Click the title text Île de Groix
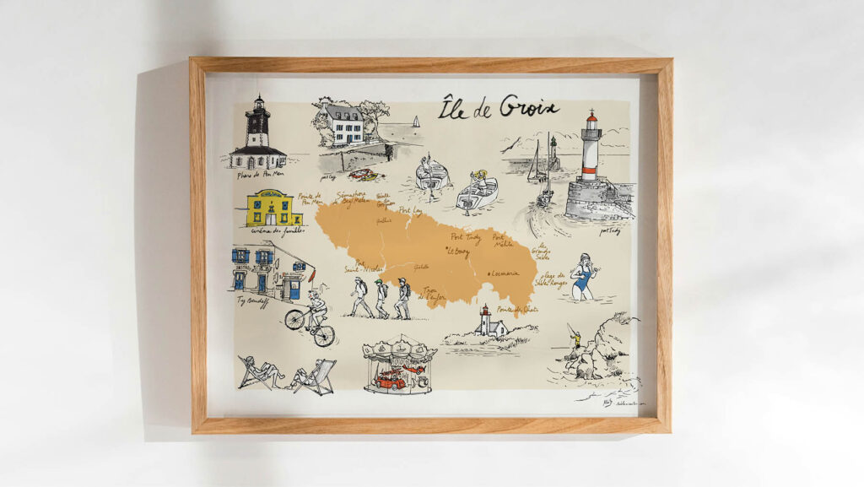click(499, 108)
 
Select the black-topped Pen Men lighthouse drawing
click(257, 135)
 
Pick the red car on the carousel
click(390, 379)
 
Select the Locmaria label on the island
click(510, 273)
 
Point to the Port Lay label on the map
click(411, 211)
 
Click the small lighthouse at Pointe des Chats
click(485, 322)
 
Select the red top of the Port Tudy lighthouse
click(591, 124)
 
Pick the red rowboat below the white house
click(361, 175)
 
